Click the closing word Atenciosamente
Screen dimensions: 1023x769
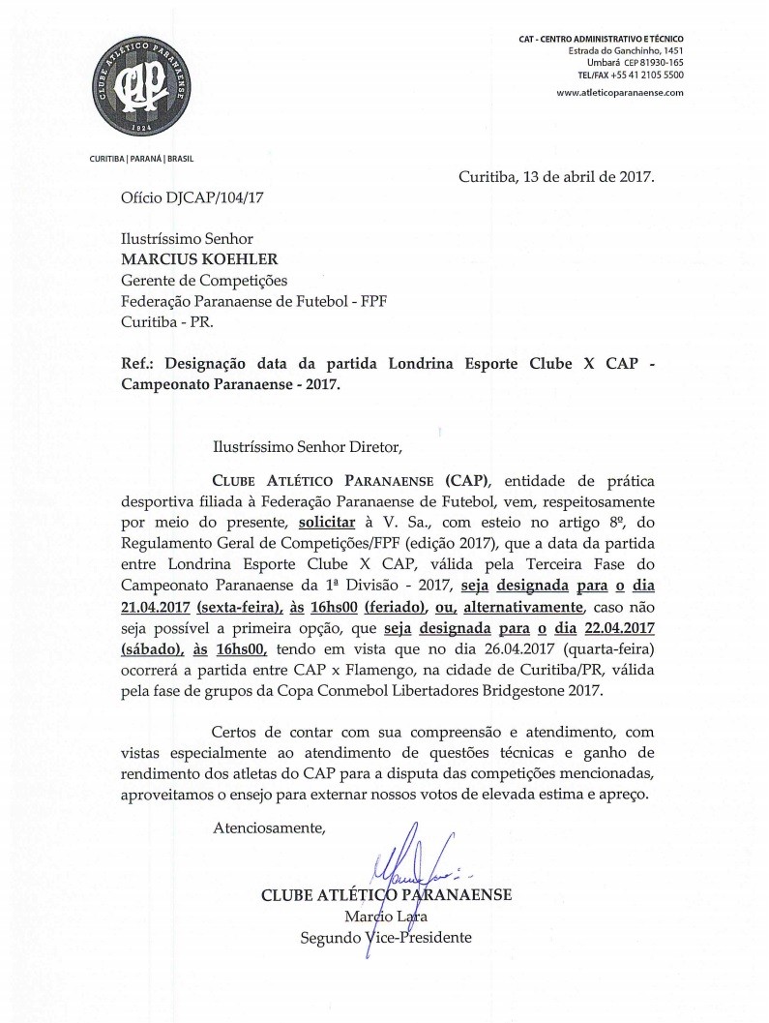pyautogui.click(x=269, y=828)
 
